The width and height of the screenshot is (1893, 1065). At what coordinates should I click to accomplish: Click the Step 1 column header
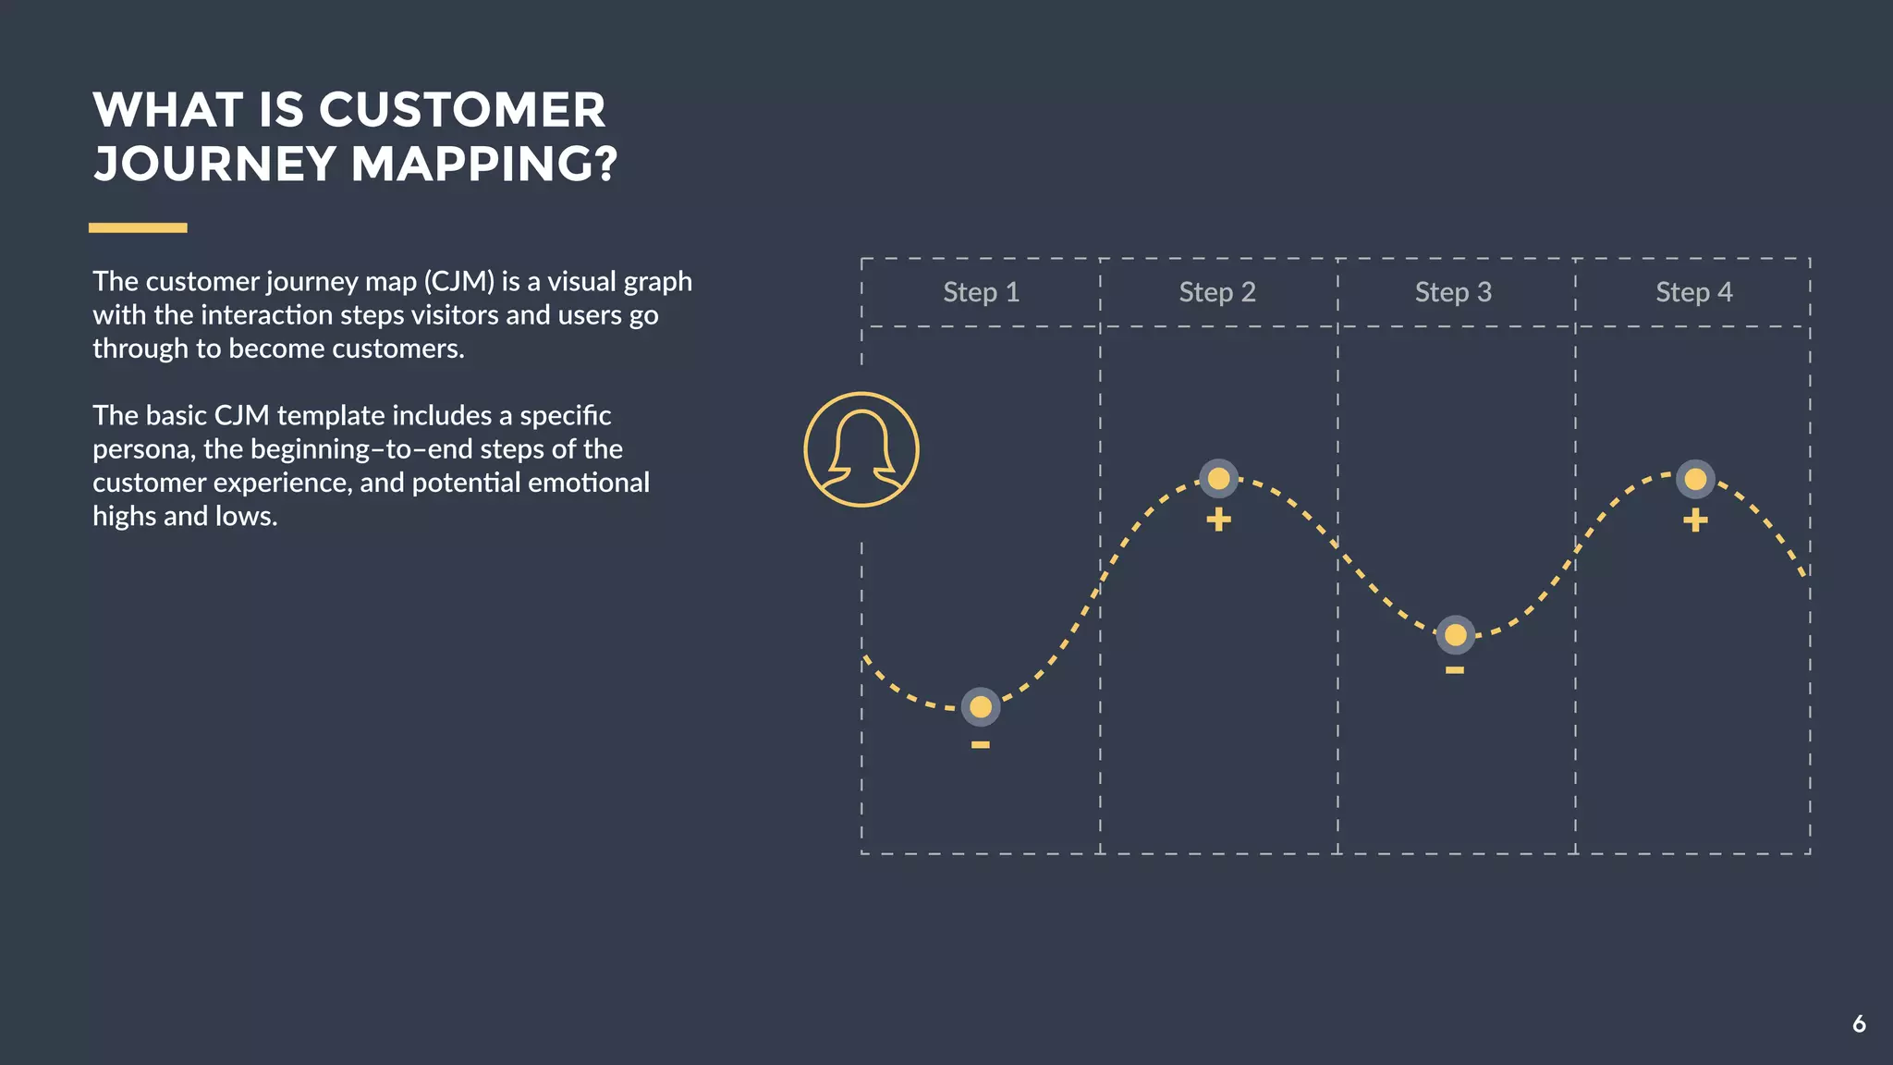coord(981,292)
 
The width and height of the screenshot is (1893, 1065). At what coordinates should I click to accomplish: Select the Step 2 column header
coord(1217,292)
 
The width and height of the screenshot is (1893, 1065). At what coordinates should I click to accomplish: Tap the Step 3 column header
coord(1453,292)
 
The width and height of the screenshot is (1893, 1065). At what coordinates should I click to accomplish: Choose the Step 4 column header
coord(1693,292)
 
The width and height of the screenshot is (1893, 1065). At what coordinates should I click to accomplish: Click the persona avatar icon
coord(861,449)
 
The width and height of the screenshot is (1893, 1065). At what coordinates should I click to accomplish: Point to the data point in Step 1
coord(981,707)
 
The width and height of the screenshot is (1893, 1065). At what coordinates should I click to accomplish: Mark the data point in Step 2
coord(1219,479)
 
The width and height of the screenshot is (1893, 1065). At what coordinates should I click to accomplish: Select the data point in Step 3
coord(1456,635)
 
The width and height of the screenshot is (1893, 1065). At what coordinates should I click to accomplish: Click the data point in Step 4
coord(1695,479)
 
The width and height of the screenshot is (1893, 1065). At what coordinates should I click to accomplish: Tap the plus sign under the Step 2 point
coord(1219,520)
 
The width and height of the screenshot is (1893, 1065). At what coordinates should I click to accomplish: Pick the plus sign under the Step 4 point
coord(1695,520)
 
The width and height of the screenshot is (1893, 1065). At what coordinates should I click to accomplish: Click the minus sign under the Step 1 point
coord(981,745)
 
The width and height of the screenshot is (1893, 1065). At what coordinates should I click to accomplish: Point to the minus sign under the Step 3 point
coord(1455,670)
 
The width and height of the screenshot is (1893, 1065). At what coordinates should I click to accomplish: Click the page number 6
coord(1859,1024)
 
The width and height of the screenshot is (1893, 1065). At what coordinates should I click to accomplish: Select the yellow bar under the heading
coord(138,227)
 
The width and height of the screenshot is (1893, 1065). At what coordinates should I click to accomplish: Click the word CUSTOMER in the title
coord(462,110)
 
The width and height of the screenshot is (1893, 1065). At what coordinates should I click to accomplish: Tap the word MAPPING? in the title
coord(483,164)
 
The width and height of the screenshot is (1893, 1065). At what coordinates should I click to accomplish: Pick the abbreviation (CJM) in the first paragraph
coord(459,281)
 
